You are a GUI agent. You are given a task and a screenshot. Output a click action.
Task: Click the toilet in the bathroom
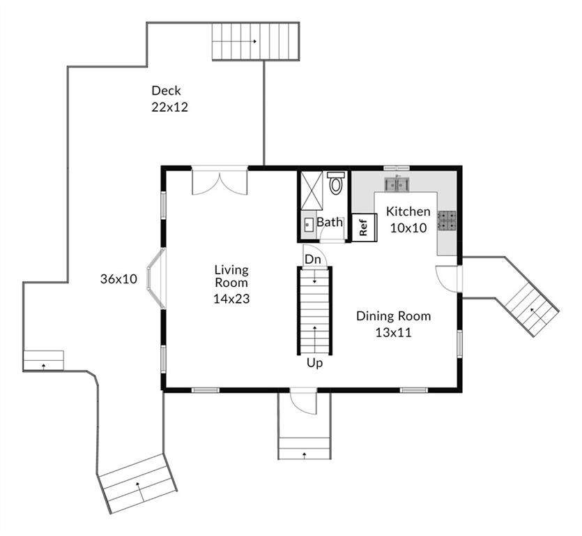[x=337, y=184]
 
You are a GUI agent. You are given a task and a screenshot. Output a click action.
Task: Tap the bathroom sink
[x=309, y=225]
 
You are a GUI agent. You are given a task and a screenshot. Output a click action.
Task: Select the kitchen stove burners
[x=447, y=221]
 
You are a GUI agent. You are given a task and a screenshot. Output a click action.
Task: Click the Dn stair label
[x=313, y=259]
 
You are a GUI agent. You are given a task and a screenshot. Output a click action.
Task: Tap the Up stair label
[x=314, y=363]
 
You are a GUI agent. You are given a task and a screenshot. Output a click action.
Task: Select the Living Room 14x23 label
[x=231, y=284]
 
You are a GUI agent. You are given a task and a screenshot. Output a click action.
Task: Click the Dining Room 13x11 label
[x=393, y=324]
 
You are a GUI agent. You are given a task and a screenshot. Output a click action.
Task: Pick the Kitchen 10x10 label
[x=408, y=219]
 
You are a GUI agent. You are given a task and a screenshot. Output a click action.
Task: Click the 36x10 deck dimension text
[x=118, y=279]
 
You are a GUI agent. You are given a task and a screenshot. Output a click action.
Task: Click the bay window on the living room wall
[x=155, y=278]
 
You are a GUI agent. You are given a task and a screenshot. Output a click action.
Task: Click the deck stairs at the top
[x=255, y=42]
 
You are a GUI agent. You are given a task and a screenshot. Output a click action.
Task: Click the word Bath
[x=330, y=223]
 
